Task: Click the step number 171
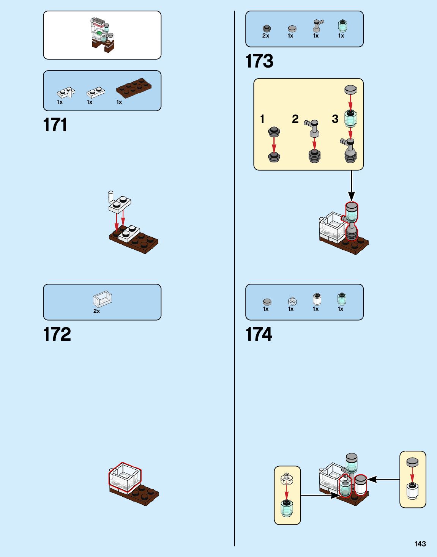coord(55,125)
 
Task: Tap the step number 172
coord(57,334)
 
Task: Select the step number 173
coord(259,61)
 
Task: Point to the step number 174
coord(259,334)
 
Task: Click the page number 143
coord(420,544)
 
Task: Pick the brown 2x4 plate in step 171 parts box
coord(134,88)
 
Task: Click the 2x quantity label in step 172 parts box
coord(96,311)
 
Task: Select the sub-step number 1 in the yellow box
coord(262,119)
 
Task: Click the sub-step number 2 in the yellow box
coord(295,119)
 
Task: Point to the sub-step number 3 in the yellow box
coord(335,119)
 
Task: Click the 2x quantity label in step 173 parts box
coord(266,36)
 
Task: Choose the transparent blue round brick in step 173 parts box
coord(342,25)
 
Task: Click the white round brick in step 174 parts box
coord(317,299)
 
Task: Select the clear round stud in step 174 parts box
coord(292,301)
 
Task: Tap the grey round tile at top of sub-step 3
coord(350,90)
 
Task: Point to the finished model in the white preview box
coord(102,35)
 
